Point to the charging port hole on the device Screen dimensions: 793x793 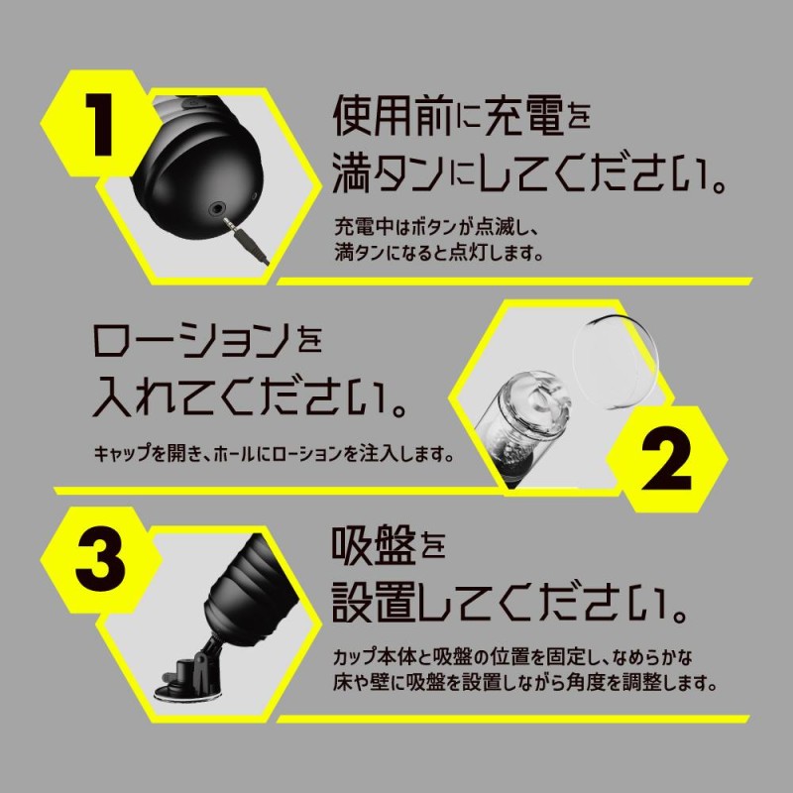[217, 210]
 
